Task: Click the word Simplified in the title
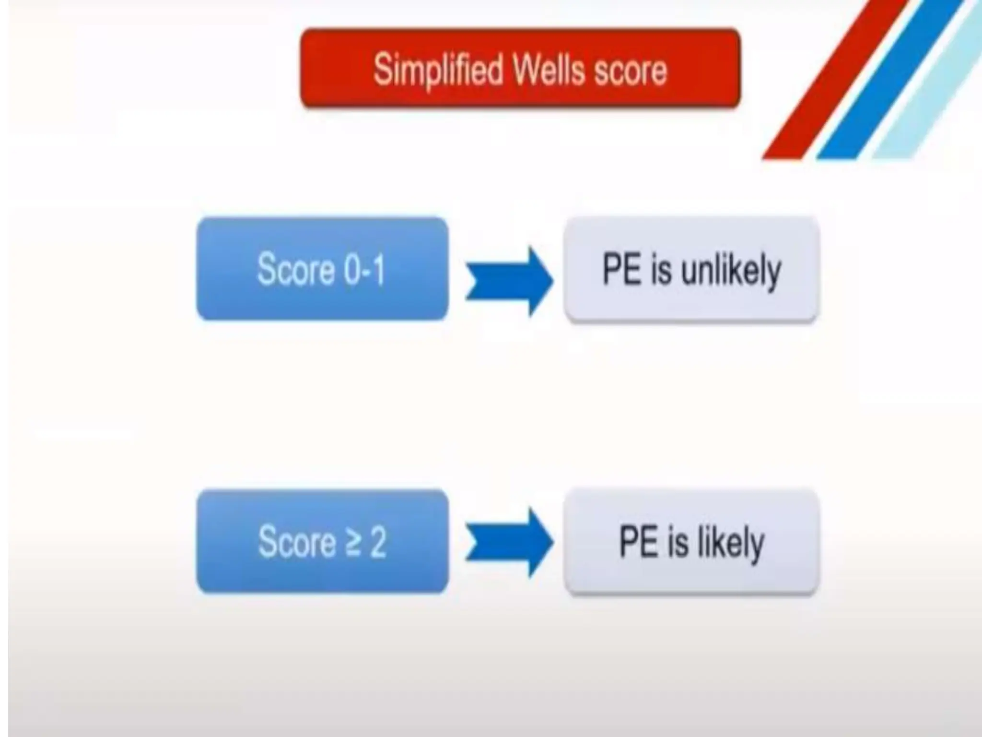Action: tap(437, 71)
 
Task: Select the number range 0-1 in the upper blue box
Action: tap(364, 270)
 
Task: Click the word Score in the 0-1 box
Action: tap(295, 270)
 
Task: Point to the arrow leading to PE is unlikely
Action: tap(509, 281)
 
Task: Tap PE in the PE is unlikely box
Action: tap(621, 270)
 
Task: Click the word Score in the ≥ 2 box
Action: tap(297, 542)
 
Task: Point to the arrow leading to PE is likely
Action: tap(509, 542)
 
